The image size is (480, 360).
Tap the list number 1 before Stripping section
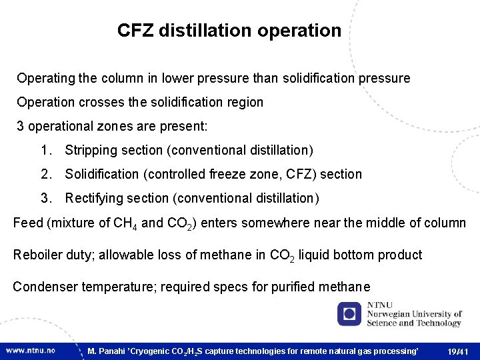click(45, 151)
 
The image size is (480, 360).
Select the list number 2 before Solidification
click(45, 175)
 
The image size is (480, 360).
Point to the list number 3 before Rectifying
click(45, 199)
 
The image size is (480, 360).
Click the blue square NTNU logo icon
click(349, 313)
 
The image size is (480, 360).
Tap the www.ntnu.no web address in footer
click(31, 350)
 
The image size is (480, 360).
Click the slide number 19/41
click(458, 351)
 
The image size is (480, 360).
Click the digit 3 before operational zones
click(21, 127)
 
